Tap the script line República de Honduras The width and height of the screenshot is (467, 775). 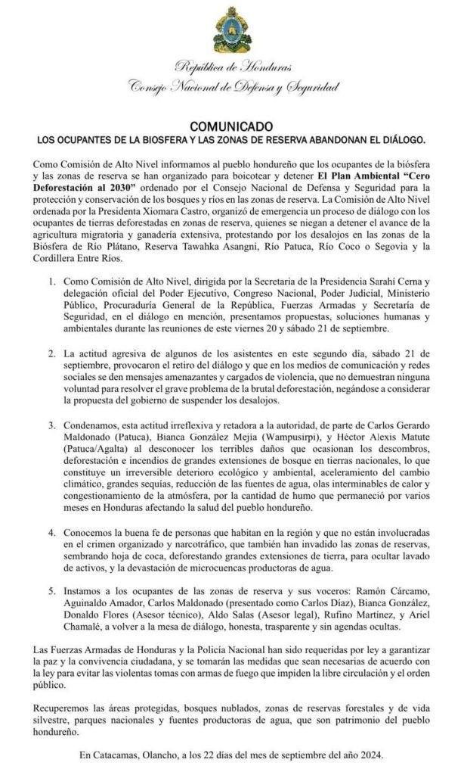click(232, 70)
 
